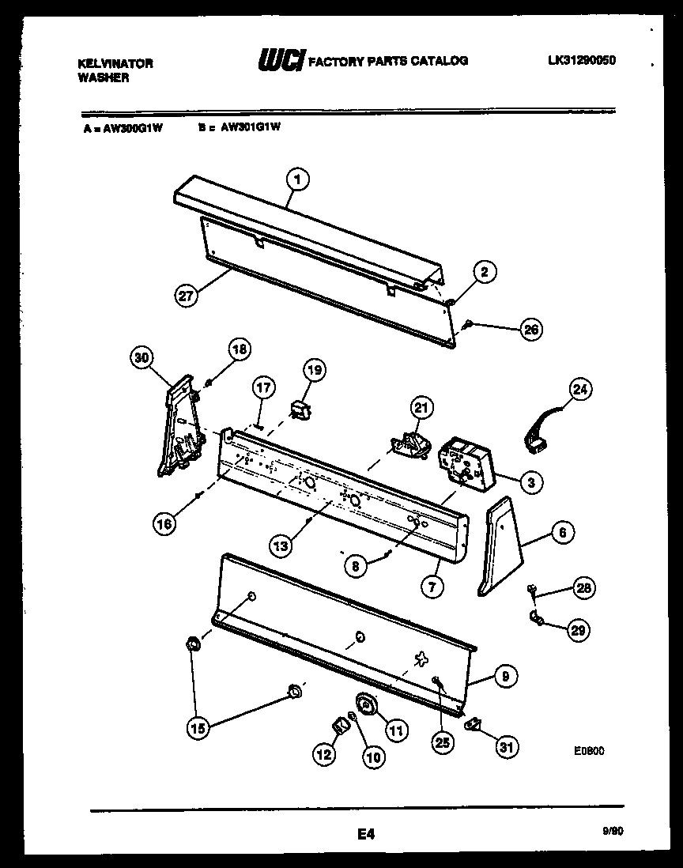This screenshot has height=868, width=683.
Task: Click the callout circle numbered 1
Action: click(297, 180)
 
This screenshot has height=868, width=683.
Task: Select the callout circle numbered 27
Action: click(186, 297)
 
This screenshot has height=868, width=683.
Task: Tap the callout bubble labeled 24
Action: click(581, 390)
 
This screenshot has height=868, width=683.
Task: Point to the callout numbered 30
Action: click(142, 358)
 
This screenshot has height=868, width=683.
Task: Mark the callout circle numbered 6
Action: click(561, 533)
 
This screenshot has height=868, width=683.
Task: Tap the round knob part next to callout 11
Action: click(367, 703)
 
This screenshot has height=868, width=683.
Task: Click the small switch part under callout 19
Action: click(299, 409)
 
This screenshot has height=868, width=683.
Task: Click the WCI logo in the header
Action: click(281, 61)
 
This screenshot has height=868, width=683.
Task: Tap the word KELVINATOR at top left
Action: click(115, 63)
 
